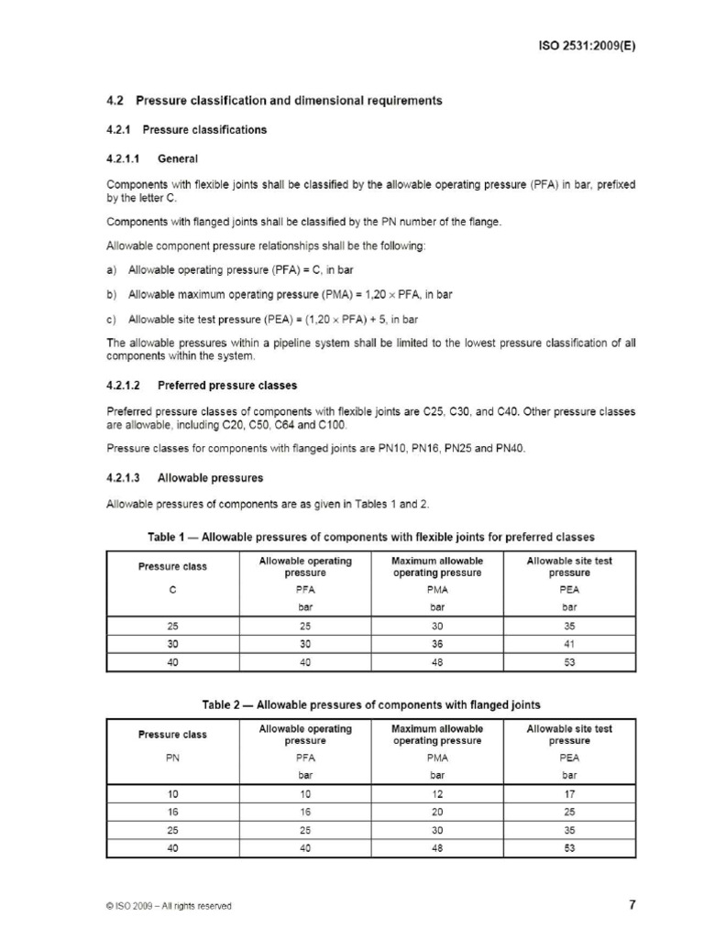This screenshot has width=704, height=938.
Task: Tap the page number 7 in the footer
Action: [632, 905]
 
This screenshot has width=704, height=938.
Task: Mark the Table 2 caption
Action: [370, 704]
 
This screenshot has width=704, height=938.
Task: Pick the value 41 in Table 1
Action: [569, 644]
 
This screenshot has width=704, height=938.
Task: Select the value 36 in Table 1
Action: [437, 644]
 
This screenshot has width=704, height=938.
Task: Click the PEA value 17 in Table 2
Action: [569, 794]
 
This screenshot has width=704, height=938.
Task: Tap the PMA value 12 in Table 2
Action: [437, 794]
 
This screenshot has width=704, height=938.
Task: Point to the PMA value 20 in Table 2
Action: [437, 812]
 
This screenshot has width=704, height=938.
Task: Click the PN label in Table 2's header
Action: [172, 758]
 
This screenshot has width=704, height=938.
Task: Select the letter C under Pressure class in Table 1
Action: [172, 589]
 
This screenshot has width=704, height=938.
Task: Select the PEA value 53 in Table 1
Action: [569, 661]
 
